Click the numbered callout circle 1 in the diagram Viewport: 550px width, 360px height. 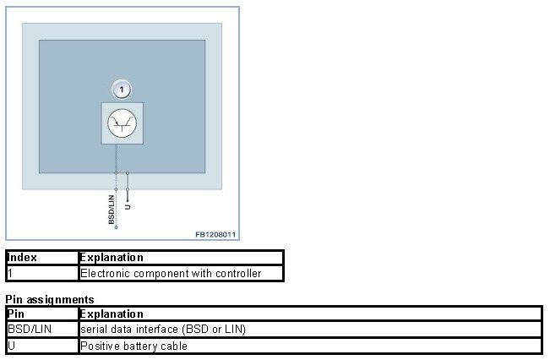[x=122, y=88]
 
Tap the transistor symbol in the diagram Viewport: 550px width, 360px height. [x=122, y=123]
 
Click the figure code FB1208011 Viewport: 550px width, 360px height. [x=215, y=234]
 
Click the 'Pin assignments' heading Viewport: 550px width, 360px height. [x=49, y=299]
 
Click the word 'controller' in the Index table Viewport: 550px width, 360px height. [x=238, y=273]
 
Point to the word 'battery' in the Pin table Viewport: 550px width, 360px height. [x=133, y=346]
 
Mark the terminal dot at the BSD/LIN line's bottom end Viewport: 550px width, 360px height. [x=116, y=228]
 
